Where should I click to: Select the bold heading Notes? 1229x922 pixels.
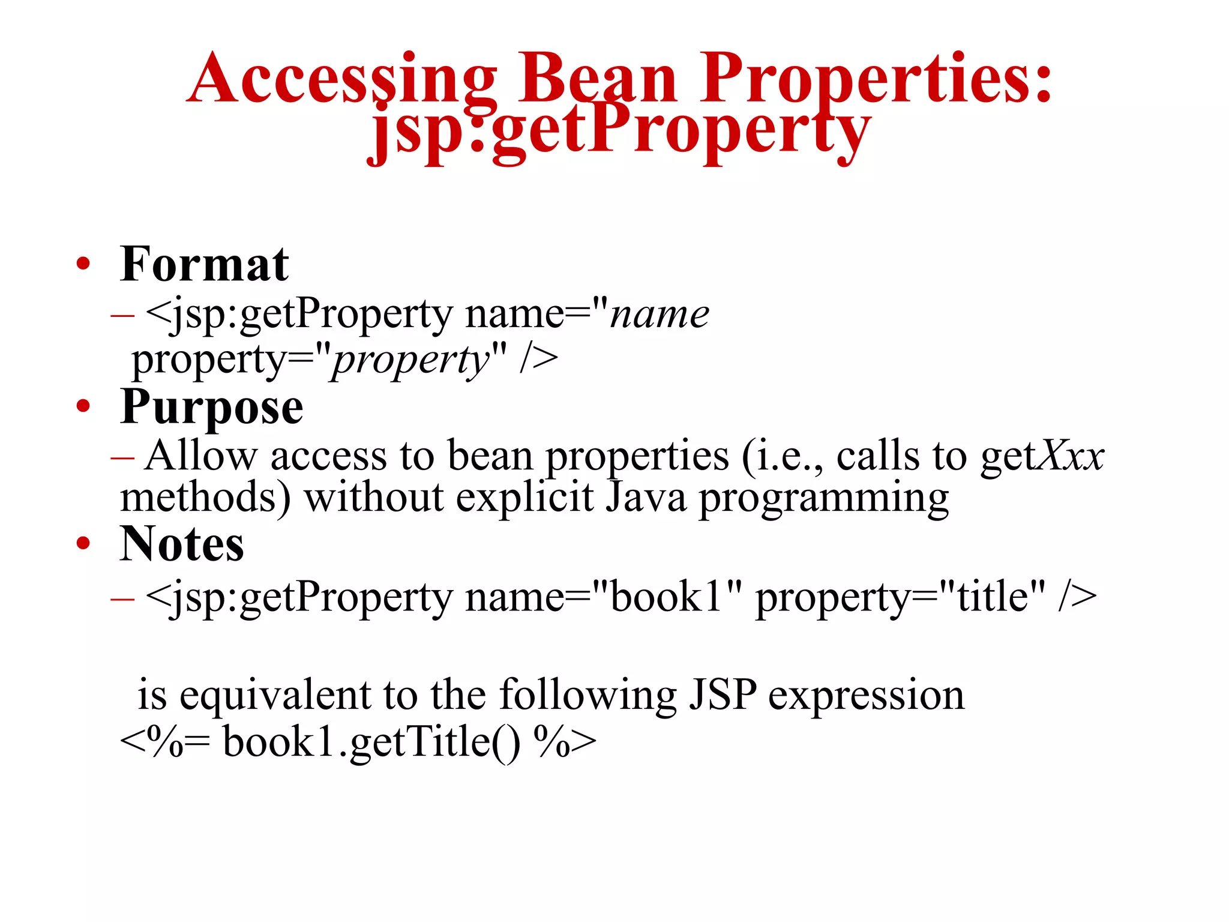click(x=182, y=544)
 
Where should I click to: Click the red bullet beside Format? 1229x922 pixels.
click(x=83, y=264)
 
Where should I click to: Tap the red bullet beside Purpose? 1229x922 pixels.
click(x=83, y=406)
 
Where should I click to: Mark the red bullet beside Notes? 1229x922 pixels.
click(x=83, y=543)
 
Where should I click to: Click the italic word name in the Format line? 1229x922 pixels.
click(x=659, y=315)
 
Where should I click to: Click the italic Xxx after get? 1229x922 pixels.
click(x=1071, y=457)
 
